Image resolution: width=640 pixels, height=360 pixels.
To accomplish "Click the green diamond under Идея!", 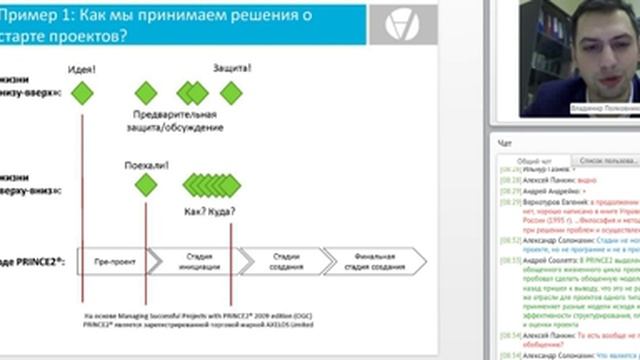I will click(82, 93).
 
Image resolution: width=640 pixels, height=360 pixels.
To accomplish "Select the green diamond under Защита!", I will click(232, 93).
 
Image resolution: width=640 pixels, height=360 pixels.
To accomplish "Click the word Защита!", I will click(232, 68).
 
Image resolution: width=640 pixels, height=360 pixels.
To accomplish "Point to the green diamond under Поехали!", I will click(146, 184).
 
